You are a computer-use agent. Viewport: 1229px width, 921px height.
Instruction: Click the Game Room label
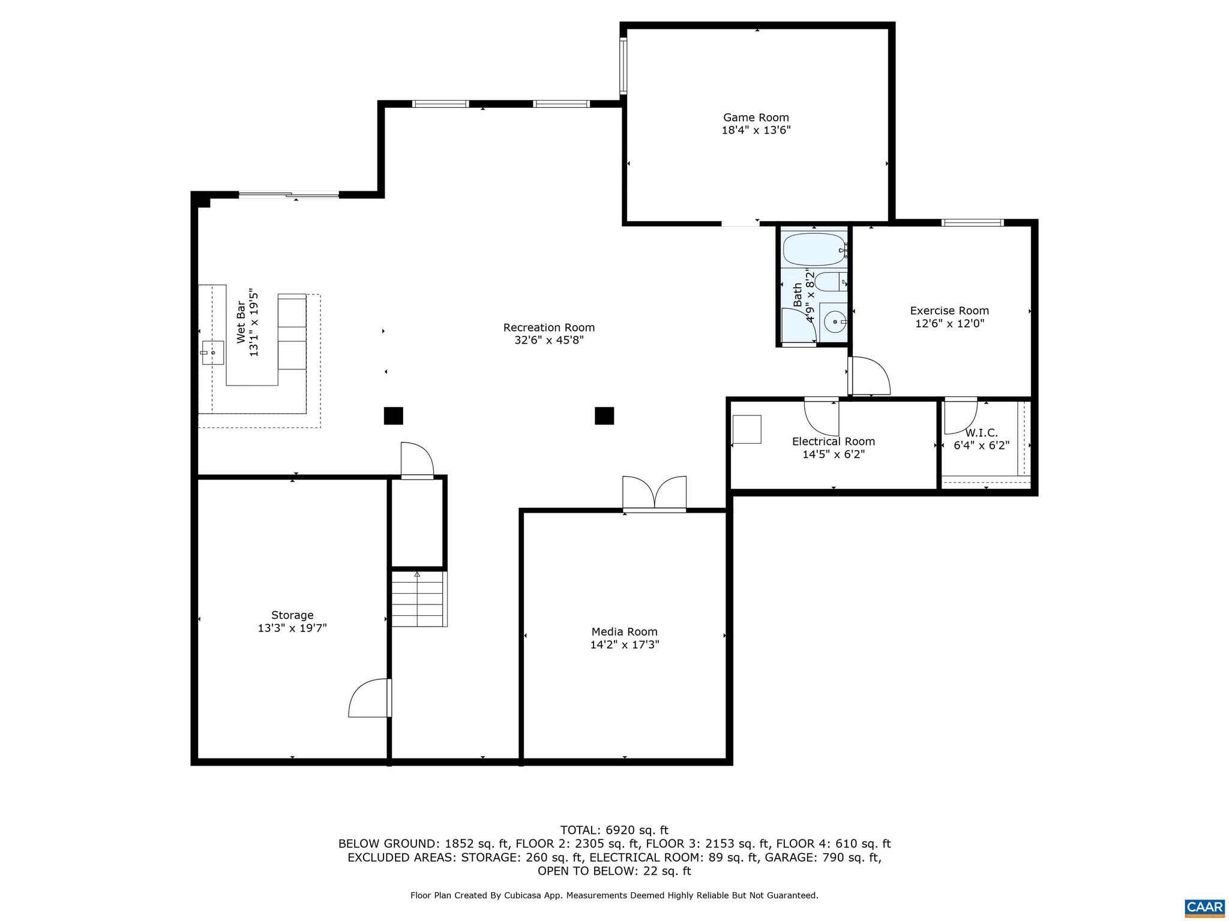click(x=756, y=118)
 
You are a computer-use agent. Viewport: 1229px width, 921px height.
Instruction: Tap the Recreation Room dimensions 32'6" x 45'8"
click(x=548, y=341)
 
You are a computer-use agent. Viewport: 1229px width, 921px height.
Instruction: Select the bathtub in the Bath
click(x=814, y=249)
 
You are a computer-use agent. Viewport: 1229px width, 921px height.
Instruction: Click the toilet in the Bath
click(x=831, y=281)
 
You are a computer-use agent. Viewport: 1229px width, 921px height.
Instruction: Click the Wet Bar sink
click(x=212, y=353)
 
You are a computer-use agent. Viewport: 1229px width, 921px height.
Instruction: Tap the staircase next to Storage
click(x=419, y=599)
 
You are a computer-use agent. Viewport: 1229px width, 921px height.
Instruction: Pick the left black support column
click(x=393, y=416)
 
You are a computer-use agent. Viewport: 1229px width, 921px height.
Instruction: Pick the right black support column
click(x=604, y=416)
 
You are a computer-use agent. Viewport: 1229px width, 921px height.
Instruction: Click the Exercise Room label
click(x=949, y=311)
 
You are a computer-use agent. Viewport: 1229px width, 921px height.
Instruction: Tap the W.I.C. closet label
click(x=981, y=433)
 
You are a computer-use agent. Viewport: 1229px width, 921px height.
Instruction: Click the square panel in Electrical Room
click(x=747, y=429)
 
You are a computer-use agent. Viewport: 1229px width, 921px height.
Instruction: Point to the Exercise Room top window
click(x=972, y=223)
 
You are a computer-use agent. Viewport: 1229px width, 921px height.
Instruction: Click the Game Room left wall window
click(x=623, y=66)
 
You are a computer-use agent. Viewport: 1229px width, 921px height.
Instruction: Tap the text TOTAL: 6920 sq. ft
click(x=614, y=830)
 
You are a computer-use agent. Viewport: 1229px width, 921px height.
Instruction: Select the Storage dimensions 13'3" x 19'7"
click(x=292, y=628)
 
